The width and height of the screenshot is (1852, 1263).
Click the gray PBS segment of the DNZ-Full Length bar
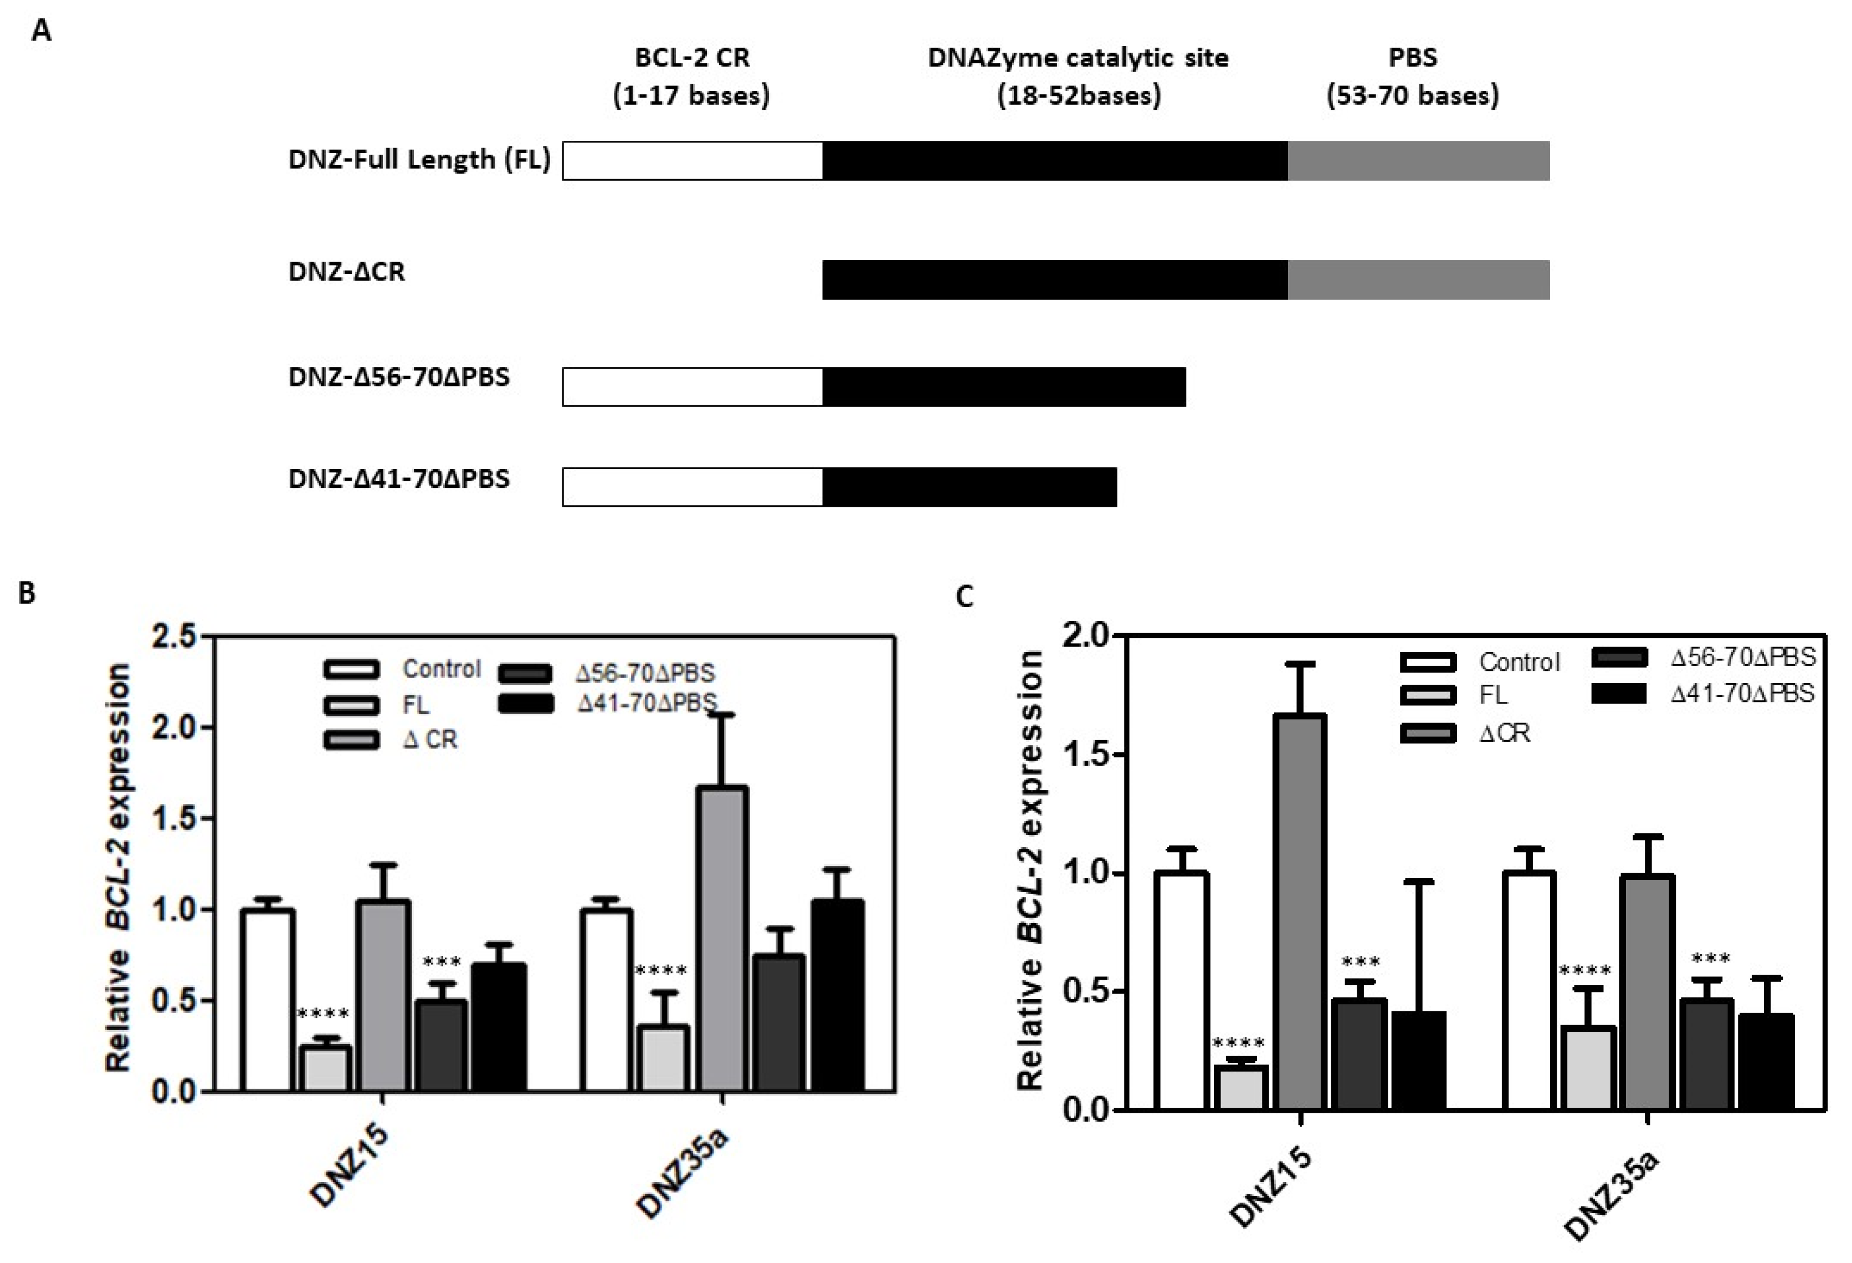click(1418, 161)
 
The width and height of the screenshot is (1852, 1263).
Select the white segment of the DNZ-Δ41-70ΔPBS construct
click(692, 487)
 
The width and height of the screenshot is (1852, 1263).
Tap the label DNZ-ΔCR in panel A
click(347, 272)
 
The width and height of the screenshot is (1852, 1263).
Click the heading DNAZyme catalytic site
click(1078, 58)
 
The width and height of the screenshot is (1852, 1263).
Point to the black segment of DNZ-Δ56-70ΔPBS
click(1004, 388)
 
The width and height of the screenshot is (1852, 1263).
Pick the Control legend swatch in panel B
click(351, 669)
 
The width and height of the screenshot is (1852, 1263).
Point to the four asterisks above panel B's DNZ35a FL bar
click(660, 971)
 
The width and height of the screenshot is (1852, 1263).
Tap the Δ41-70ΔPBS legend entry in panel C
click(1742, 694)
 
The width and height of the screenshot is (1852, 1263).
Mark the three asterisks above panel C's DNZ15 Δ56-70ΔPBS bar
click(1360, 962)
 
